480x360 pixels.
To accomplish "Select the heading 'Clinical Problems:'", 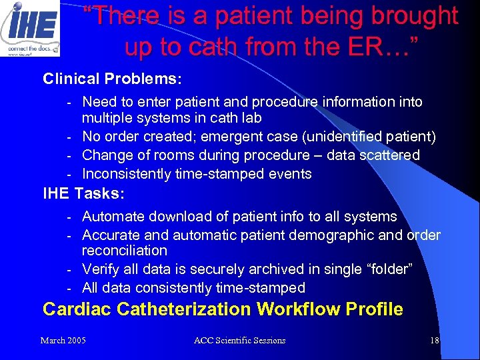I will (112, 79).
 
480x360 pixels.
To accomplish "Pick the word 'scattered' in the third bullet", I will (389, 155).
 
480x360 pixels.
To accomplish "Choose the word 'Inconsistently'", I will (127, 174).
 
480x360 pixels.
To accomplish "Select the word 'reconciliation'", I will (125, 251).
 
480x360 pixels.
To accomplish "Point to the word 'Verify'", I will (101, 269).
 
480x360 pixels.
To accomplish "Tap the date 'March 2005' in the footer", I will (63, 341).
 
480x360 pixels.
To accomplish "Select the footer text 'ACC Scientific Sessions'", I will (239, 341).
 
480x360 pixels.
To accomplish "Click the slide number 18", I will (435, 341).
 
